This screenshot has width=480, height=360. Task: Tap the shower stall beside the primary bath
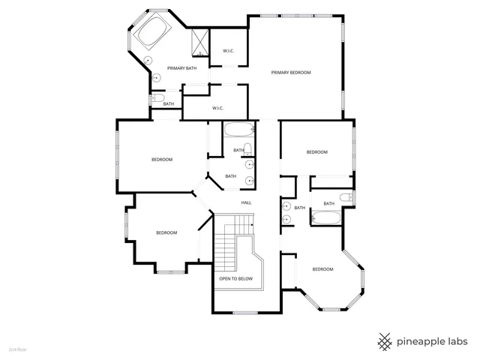(x=199, y=42)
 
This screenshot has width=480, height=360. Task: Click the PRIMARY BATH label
(x=182, y=68)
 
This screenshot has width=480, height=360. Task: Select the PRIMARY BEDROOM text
(x=291, y=73)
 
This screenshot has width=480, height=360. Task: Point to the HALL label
(x=246, y=203)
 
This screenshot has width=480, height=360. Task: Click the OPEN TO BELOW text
(x=235, y=278)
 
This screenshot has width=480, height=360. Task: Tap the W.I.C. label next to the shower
(x=229, y=51)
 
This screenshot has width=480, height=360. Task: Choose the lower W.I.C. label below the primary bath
(x=218, y=108)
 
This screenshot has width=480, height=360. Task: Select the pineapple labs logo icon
(x=385, y=341)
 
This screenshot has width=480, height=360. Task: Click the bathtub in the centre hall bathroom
(x=239, y=128)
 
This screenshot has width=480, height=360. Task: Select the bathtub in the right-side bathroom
(x=326, y=219)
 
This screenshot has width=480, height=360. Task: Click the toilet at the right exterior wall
(x=346, y=198)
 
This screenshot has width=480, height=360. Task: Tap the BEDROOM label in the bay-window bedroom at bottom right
(x=322, y=269)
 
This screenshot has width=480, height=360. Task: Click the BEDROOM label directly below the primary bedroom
(x=317, y=152)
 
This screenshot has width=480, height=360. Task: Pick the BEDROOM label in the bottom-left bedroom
(x=166, y=232)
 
